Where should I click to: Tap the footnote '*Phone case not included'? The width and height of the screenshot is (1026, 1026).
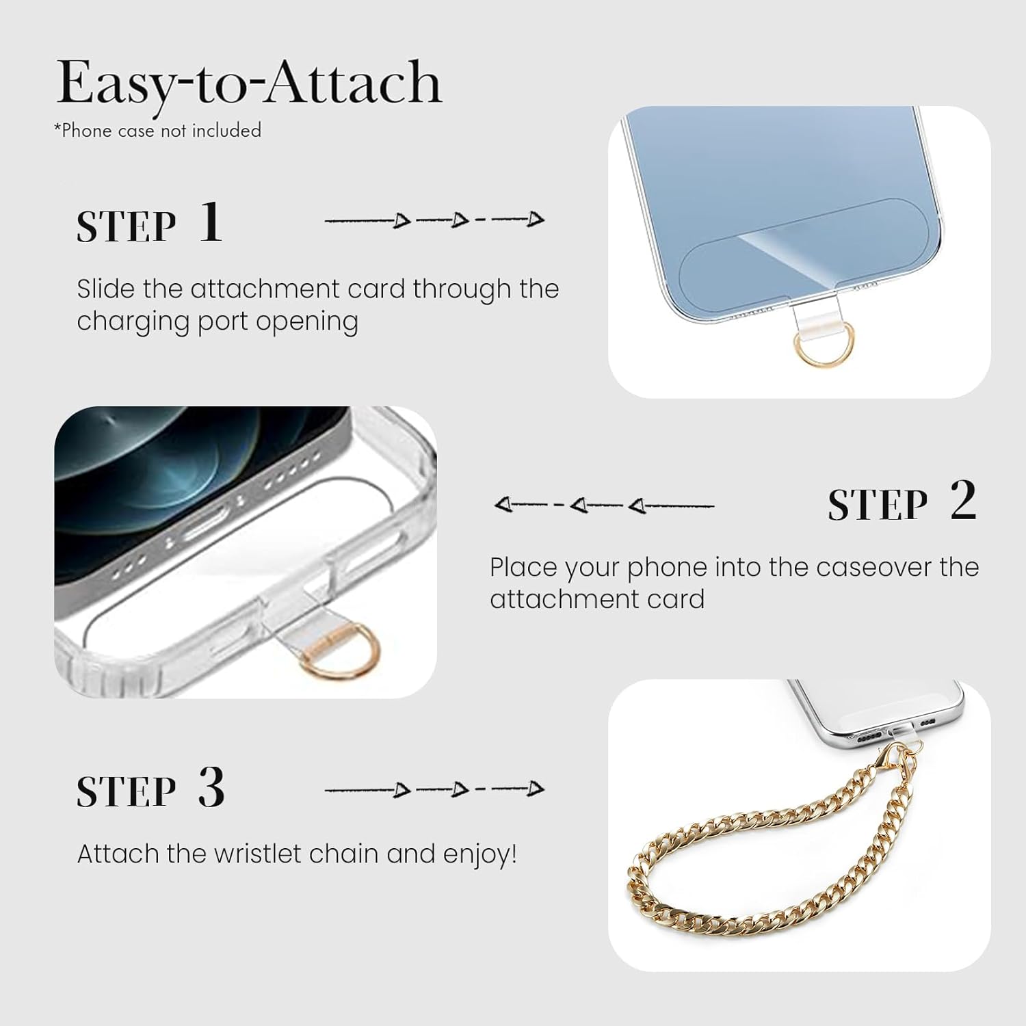pyautogui.click(x=158, y=131)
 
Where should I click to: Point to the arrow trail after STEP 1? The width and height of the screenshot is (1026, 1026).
pyautogui.click(x=434, y=220)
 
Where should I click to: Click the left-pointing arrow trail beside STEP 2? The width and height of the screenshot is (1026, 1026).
pyautogui.click(x=603, y=505)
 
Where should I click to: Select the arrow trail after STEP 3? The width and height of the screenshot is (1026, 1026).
pyautogui.click(x=434, y=789)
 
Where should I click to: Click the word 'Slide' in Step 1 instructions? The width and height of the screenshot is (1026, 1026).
pyautogui.click(x=106, y=289)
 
